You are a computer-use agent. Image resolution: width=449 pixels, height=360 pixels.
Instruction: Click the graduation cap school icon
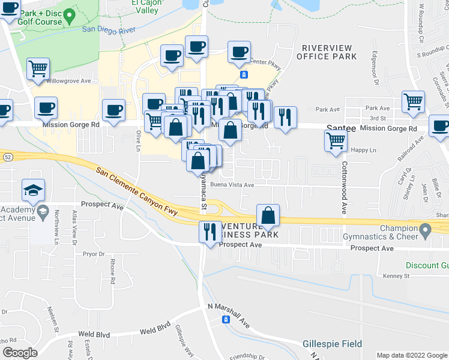point(33,191)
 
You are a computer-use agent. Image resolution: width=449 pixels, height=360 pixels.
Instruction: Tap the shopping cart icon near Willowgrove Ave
point(38,70)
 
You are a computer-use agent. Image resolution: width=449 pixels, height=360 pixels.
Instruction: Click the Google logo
point(20,353)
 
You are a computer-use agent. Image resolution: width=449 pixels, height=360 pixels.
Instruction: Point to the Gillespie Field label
point(332,344)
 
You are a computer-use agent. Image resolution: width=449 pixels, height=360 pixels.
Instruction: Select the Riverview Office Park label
point(329,52)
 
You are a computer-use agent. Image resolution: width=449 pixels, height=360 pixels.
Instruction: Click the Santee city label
point(342,128)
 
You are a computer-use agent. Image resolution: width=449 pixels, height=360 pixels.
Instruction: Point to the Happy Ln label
point(364,149)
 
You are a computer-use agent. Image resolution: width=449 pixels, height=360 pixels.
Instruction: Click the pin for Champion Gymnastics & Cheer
point(426,229)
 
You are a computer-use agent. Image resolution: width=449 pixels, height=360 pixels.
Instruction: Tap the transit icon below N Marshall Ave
point(226,320)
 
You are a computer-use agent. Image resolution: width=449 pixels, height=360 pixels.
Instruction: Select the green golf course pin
point(69,14)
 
